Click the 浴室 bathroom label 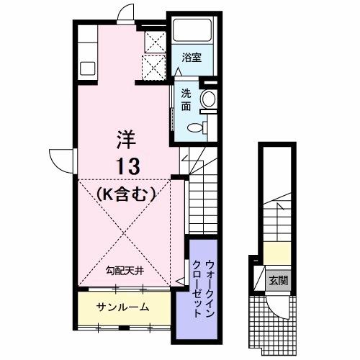pos(190,55)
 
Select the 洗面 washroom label pos(186,99)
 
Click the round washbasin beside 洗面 pos(208,99)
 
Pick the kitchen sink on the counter pos(87,68)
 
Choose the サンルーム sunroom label pos(123,307)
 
